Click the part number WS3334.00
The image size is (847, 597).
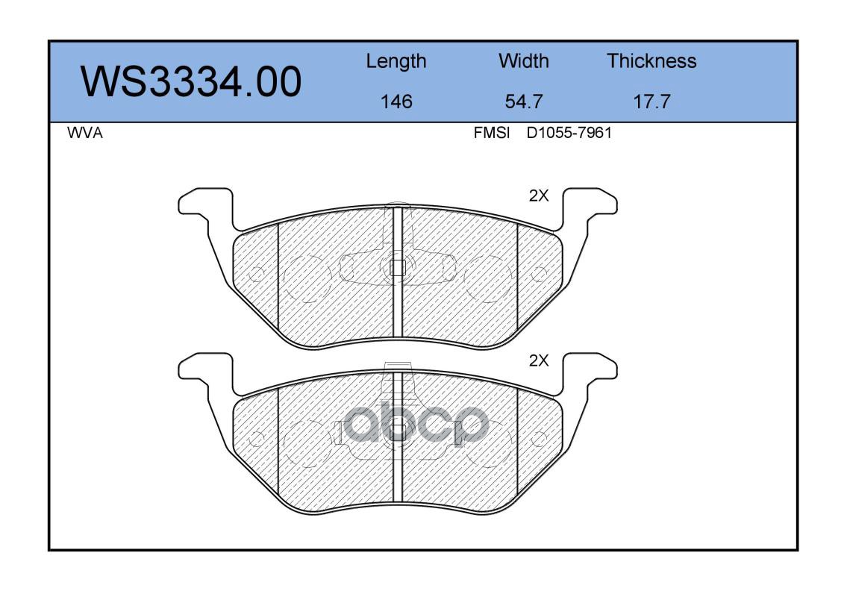(191, 82)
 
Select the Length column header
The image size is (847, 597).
(396, 62)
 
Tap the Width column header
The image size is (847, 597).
(523, 60)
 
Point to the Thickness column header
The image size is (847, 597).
(651, 60)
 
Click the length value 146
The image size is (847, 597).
(396, 101)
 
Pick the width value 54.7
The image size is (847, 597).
(523, 101)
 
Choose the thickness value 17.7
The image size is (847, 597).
(651, 101)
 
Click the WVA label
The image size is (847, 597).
(85, 133)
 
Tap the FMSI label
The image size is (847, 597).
(492, 133)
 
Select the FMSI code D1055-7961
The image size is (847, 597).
(569, 133)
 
